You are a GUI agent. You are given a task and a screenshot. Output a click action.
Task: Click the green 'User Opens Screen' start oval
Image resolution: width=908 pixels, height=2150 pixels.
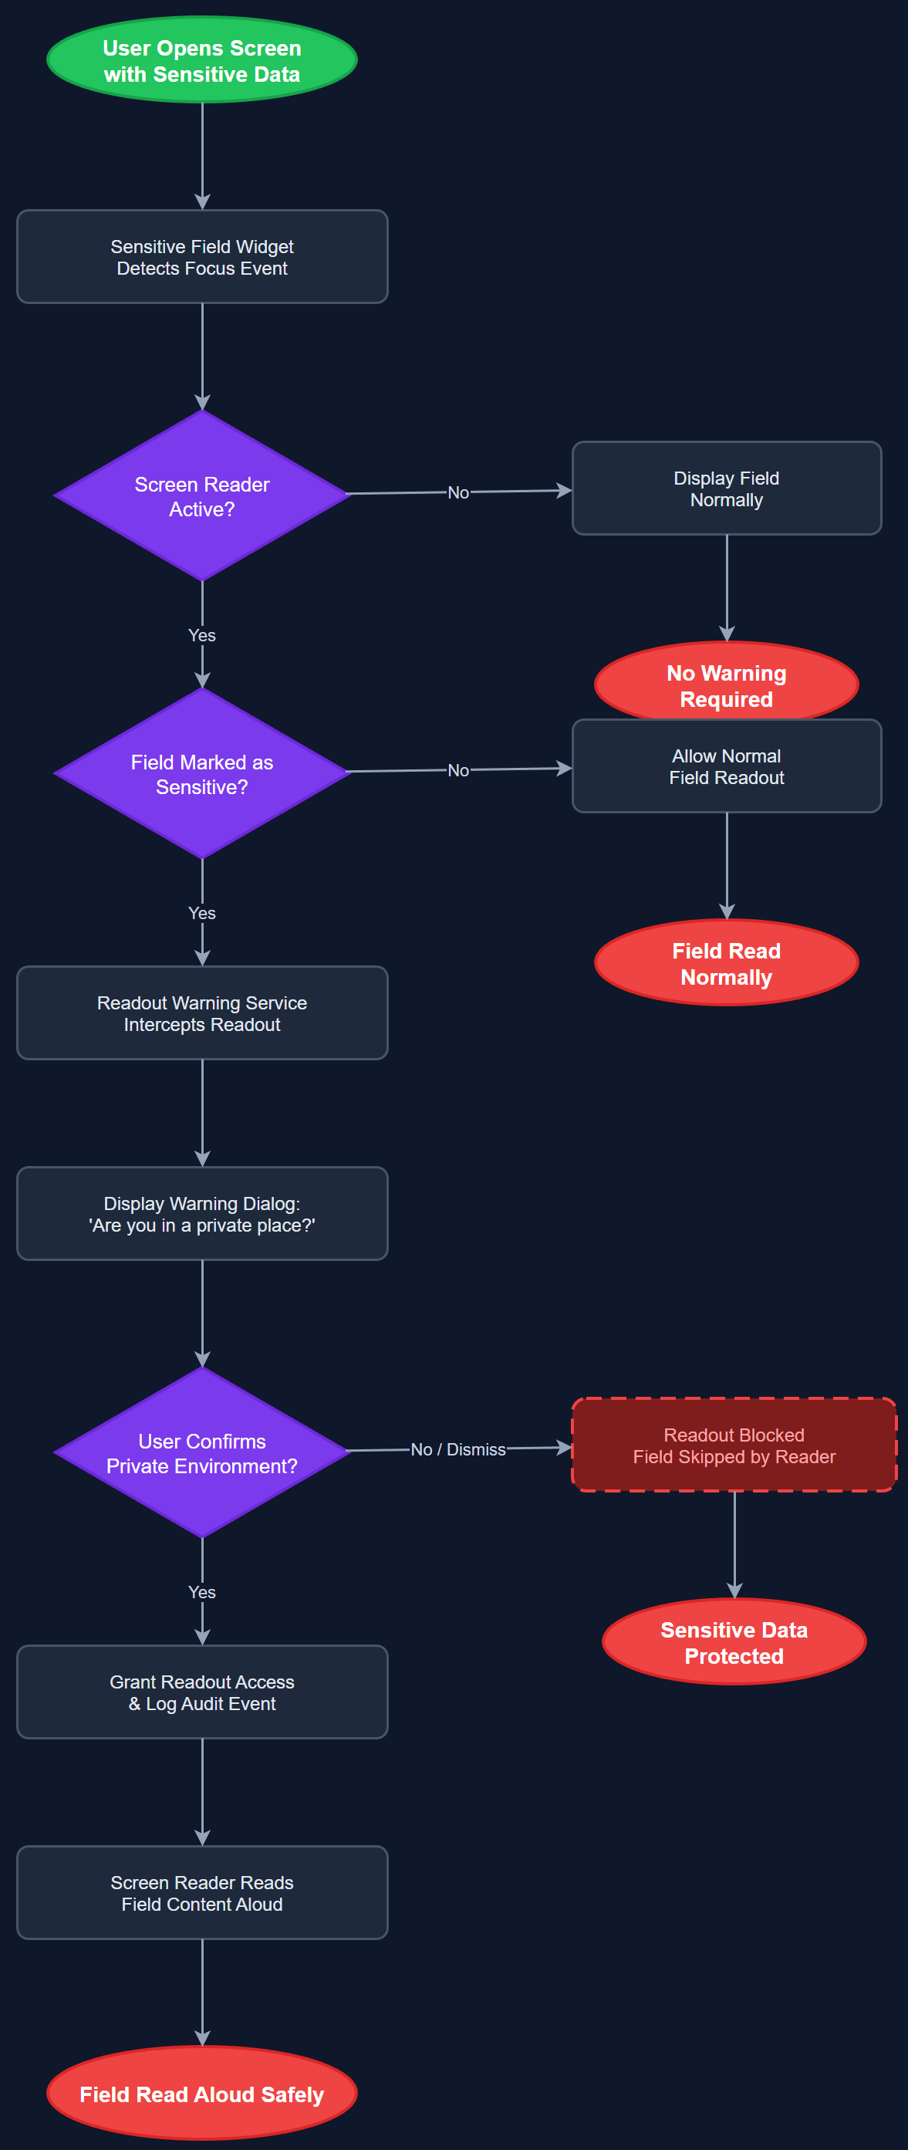[202, 60]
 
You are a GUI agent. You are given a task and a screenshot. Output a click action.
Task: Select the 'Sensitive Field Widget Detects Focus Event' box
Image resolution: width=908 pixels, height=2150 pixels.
[202, 257]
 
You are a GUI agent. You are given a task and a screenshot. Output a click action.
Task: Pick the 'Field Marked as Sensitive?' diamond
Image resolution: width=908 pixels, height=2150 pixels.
[202, 774]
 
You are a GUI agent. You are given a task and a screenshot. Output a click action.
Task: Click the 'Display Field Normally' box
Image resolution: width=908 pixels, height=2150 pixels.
[726, 488]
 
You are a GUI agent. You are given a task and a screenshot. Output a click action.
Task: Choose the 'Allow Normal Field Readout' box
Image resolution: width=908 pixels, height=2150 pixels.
[726, 766]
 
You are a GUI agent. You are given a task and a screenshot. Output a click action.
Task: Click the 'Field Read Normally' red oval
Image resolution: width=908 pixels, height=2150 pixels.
[726, 963]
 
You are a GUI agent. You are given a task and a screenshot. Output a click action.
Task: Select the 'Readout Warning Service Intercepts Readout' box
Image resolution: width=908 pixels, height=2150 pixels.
[202, 1013]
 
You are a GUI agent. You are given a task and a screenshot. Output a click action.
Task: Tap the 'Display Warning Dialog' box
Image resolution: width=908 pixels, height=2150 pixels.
[202, 1214]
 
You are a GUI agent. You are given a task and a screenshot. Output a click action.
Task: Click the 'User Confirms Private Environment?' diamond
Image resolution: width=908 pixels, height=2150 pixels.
[202, 1453]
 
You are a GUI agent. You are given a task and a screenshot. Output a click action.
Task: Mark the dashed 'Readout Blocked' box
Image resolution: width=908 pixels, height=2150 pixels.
[734, 1445]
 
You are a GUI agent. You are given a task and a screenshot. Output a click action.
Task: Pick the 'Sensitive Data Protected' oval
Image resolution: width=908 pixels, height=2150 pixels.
[734, 1641]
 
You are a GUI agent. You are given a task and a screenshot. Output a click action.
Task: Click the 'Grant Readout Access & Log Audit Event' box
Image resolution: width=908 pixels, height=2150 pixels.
[202, 1692]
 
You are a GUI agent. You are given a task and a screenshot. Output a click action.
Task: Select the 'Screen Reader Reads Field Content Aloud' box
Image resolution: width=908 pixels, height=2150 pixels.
[202, 1893]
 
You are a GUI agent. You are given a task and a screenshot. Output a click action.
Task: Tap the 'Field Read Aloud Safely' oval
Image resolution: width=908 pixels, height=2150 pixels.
[202, 2094]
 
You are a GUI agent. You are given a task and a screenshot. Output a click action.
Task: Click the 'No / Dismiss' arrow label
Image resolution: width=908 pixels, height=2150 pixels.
[457, 1450]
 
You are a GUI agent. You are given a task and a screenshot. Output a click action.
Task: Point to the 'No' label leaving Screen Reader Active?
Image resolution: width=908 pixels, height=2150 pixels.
[457, 492]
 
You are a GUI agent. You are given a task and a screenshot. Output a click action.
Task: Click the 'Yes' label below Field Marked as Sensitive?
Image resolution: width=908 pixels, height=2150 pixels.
[202, 913]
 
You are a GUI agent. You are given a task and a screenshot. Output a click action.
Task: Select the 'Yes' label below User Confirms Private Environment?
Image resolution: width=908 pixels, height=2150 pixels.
[202, 1593]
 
